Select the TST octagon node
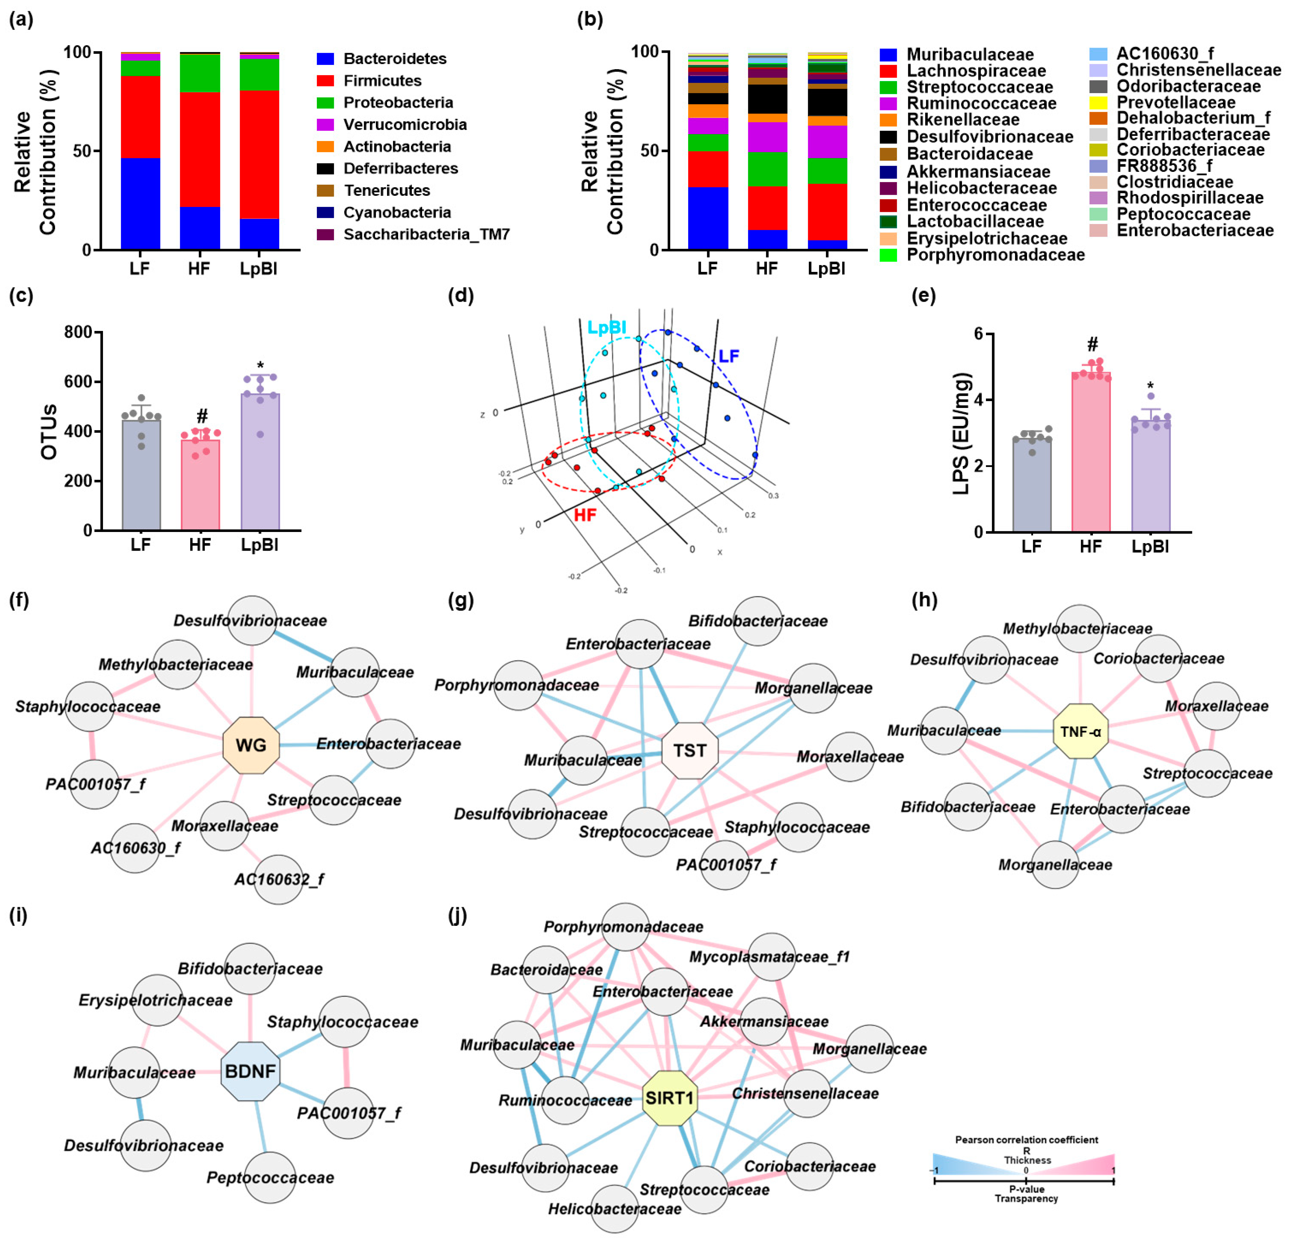tap(689, 750)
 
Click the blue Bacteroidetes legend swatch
tap(325, 59)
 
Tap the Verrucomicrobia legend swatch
tap(325, 124)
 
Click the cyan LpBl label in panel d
tap(606, 327)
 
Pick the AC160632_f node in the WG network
tap(278, 879)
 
